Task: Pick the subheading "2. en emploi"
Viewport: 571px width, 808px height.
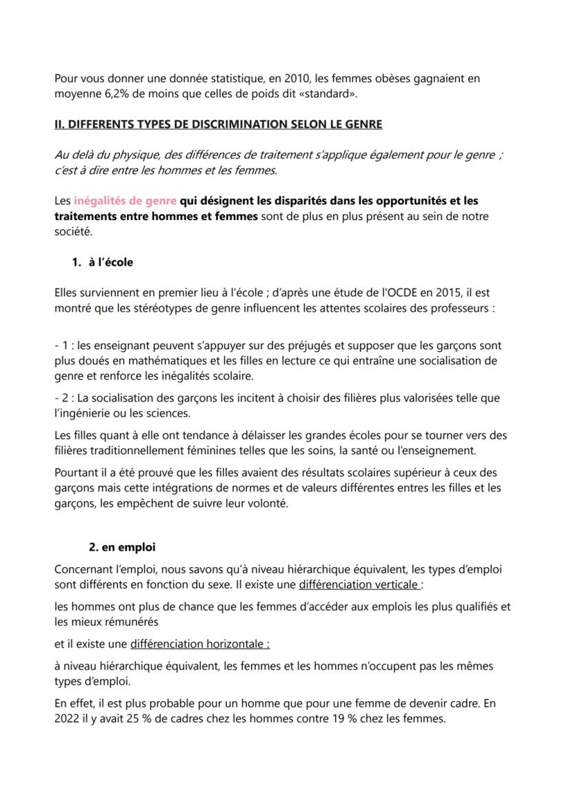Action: [122, 547]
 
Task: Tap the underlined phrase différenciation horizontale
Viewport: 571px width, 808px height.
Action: [200, 644]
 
